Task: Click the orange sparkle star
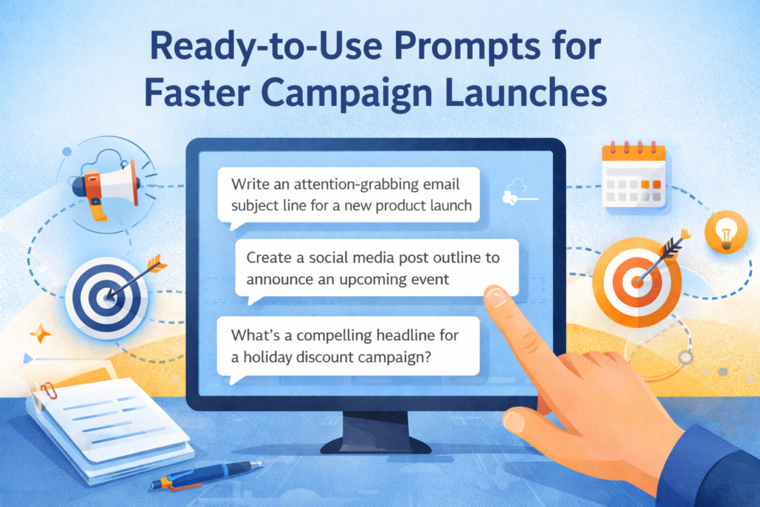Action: pos(40,333)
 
